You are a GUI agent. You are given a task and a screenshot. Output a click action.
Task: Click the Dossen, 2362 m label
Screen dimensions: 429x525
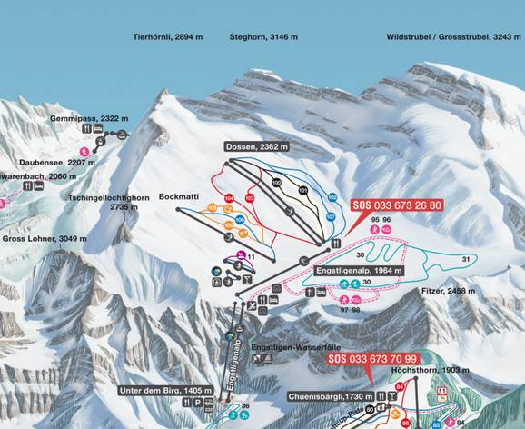pos(258,146)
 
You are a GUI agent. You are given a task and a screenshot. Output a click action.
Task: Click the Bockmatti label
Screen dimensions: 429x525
pos(179,195)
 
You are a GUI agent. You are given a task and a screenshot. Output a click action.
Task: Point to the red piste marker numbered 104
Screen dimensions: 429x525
pos(229,197)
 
